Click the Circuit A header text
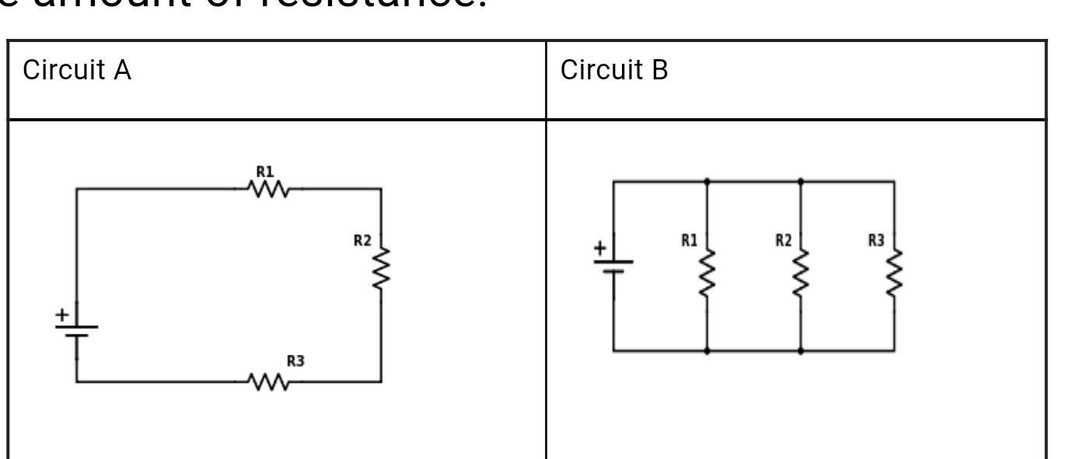tap(77, 71)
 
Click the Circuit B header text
tap(614, 71)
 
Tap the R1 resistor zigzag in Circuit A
tap(268, 189)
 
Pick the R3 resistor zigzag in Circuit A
tap(268, 382)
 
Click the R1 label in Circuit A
tap(265, 171)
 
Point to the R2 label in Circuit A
tap(362, 240)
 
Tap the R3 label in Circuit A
tap(295, 361)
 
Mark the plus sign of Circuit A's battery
tap(61, 314)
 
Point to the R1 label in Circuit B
tap(689, 240)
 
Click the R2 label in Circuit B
tap(783, 240)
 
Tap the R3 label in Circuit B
tap(876, 240)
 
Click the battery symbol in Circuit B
tap(613, 265)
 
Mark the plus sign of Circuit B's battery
tap(599, 249)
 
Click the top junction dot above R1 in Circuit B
tap(707, 181)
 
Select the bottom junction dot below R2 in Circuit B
tap(801, 351)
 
